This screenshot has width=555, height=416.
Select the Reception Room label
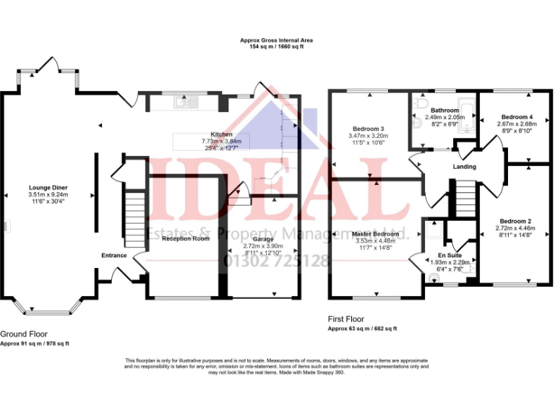(186, 238)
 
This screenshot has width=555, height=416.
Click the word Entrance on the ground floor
(114, 255)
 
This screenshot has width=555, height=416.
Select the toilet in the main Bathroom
(417, 123)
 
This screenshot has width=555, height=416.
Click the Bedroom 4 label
(517, 116)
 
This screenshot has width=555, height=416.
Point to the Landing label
(464, 167)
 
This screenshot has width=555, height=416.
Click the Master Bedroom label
(375, 234)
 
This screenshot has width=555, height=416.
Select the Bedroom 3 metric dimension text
(368, 135)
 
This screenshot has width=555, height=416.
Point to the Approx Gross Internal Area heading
(277, 40)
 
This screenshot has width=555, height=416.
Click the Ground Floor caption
(24, 334)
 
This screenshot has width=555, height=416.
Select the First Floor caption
(345, 318)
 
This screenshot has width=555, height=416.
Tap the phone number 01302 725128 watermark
(277, 261)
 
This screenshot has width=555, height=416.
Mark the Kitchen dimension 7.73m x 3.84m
(222, 142)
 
